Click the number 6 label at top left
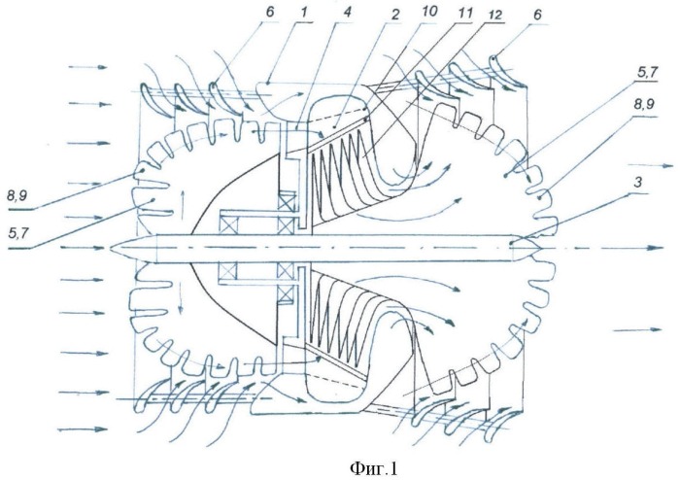tap(270, 12)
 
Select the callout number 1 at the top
tap(304, 12)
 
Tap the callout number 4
tap(347, 12)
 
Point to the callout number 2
tap(394, 15)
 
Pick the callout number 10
tap(429, 11)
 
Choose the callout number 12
tap(494, 15)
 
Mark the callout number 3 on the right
tap(637, 182)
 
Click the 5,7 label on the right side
tap(647, 73)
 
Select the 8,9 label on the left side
tap(17, 196)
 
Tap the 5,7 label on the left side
tap(18, 234)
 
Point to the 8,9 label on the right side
tap(645, 104)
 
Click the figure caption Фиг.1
tap(374, 468)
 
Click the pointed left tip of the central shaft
tap(111, 248)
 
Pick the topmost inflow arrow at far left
tap(88, 67)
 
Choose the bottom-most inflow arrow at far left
tap(83, 429)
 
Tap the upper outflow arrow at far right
tap(651, 165)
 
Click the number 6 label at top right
tap(538, 15)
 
